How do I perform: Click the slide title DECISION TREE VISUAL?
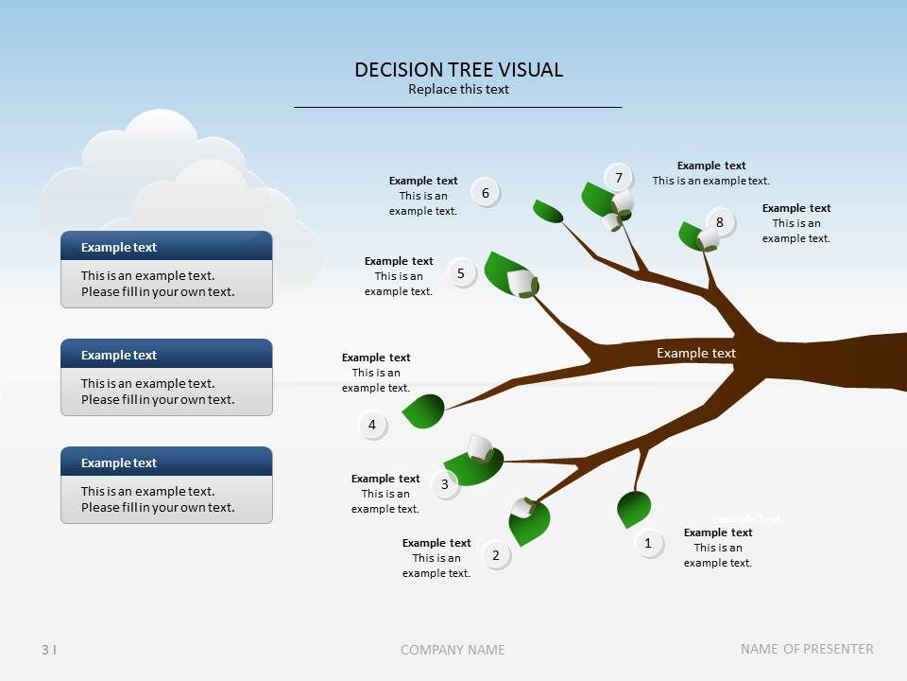tap(458, 69)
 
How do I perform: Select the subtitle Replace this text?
tap(458, 90)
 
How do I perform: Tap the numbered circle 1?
tap(648, 544)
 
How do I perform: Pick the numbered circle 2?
tap(496, 555)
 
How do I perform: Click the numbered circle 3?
tap(445, 485)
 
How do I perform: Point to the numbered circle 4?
tap(372, 426)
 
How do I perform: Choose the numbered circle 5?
tap(461, 274)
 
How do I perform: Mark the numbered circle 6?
tap(486, 194)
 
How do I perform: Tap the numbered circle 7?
tap(619, 178)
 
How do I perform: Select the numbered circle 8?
tap(720, 223)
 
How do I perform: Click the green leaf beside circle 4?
tap(424, 410)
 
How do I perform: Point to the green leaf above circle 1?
tap(633, 509)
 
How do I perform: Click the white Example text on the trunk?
tap(696, 353)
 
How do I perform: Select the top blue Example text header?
tap(166, 247)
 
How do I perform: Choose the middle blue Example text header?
tap(166, 355)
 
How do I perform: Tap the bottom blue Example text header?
tap(166, 463)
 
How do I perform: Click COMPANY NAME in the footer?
tap(453, 650)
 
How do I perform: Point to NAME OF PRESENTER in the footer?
tap(807, 649)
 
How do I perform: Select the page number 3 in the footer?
tap(45, 649)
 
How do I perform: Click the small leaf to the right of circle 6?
tap(547, 211)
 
